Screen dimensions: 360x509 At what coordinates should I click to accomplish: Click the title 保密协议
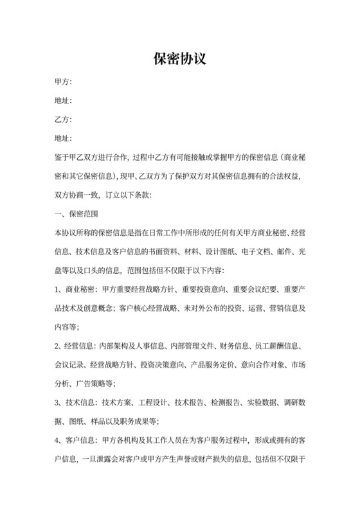coord(179,59)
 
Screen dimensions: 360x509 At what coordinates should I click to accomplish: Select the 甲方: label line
coord(64,83)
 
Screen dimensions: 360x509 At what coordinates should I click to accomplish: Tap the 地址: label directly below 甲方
coord(64,101)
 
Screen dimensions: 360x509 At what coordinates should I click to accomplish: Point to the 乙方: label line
coord(64,120)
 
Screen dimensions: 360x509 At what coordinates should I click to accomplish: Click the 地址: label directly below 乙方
coord(64,138)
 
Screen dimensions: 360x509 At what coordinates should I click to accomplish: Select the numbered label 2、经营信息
coord(77,346)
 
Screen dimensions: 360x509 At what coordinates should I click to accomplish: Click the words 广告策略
coord(98,384)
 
